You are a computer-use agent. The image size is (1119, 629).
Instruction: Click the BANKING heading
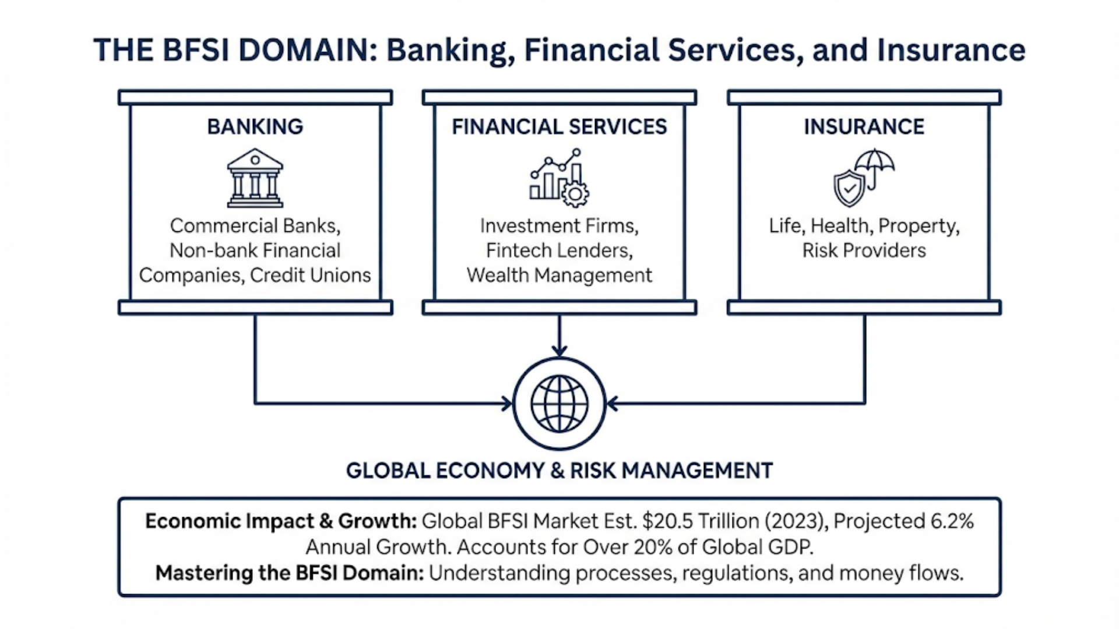pos(255,126)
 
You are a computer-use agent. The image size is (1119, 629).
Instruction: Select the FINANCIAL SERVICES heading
pos(559,126)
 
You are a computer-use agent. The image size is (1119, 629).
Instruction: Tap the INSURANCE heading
pos(864,126)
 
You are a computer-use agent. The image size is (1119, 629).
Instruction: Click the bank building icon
pos(255,178)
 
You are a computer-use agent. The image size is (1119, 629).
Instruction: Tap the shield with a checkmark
pos(849,188)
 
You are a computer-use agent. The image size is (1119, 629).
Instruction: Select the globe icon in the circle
pos(559,404)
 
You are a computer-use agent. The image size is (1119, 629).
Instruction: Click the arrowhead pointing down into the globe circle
pos(559,351)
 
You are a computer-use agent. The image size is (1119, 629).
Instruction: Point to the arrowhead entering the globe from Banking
pos(507,403)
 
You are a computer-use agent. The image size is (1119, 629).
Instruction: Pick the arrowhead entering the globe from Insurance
pos(612,403)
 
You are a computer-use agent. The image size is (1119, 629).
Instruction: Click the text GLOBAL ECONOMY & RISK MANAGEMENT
pos(559,471)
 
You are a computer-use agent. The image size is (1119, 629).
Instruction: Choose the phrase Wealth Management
pos(559,275)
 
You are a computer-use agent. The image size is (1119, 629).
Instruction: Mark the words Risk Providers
pos(864,250)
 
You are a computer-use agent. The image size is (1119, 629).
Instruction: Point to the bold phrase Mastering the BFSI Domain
pos(289,573)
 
